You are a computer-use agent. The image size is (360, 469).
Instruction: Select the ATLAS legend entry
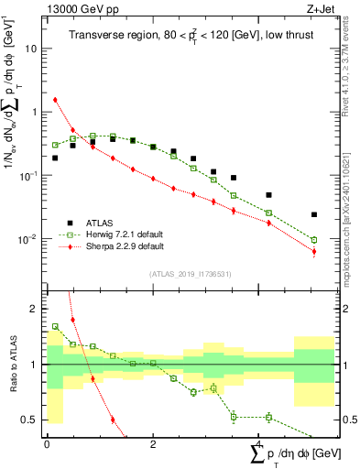click(x=102, y=223)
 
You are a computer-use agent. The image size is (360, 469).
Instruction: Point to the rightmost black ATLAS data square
click(x=314, y=214)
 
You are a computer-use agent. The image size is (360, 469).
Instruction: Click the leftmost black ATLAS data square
click(x=55, y=158)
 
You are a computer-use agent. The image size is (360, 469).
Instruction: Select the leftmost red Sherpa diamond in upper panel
click(x=55, y=100)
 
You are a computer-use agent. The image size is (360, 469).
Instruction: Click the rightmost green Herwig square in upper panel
click(x=314, y=240)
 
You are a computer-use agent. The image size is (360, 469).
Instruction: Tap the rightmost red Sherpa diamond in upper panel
click(x=314, y=252)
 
